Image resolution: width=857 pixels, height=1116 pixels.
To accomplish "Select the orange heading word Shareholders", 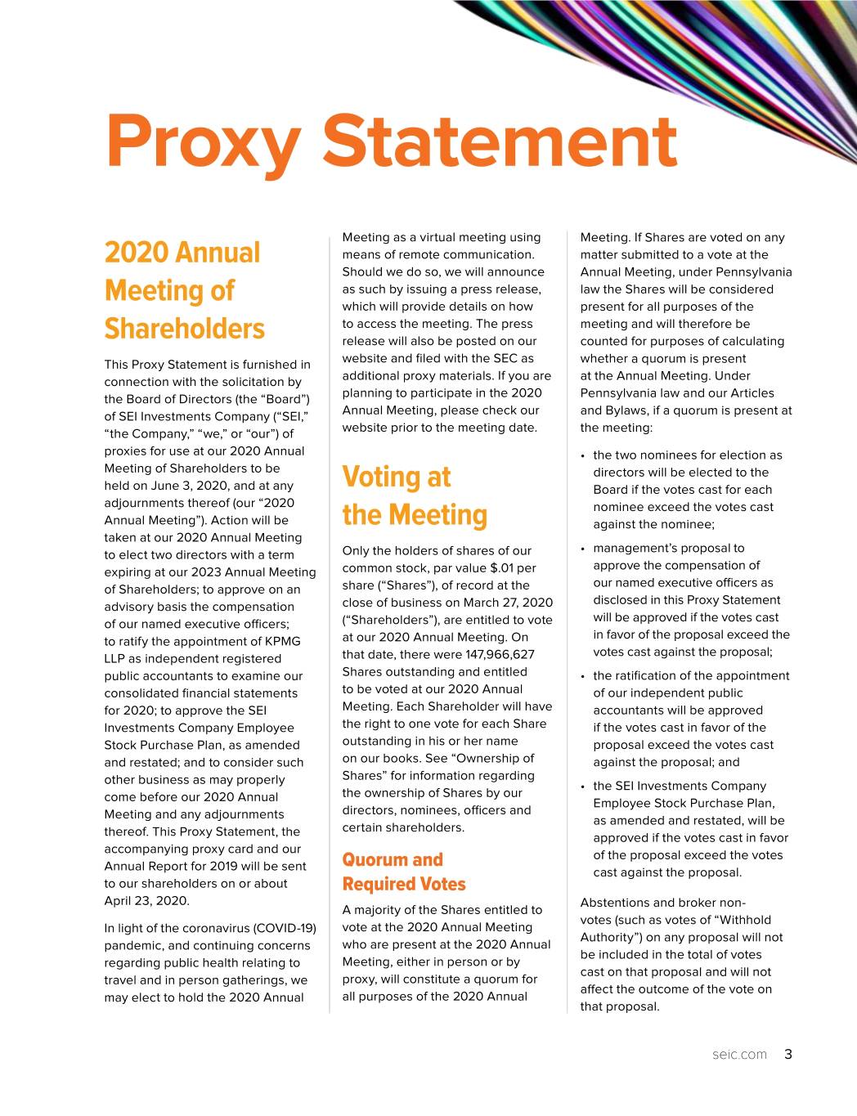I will pyautogui.click(x=184, y=329).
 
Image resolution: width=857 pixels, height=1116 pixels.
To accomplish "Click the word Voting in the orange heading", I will pyautogui.click(x=381, y=477).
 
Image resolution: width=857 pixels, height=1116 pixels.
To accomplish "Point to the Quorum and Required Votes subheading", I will pyautogui.click(x=404, y=872).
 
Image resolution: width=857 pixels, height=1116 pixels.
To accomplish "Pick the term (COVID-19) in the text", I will pyautogui.click(x=285, y=928).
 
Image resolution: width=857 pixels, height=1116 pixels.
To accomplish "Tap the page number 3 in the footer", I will pyautogui.click(x=787, y=1054).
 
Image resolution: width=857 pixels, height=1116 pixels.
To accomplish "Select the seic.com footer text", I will pyautogui.click(x=739, y=1055).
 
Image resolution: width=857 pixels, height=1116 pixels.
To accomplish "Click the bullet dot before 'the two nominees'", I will pyautogui.click(x=581, y=456).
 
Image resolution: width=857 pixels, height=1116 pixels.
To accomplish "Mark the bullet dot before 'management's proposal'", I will pyautogui.click(x=581, y=549).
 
